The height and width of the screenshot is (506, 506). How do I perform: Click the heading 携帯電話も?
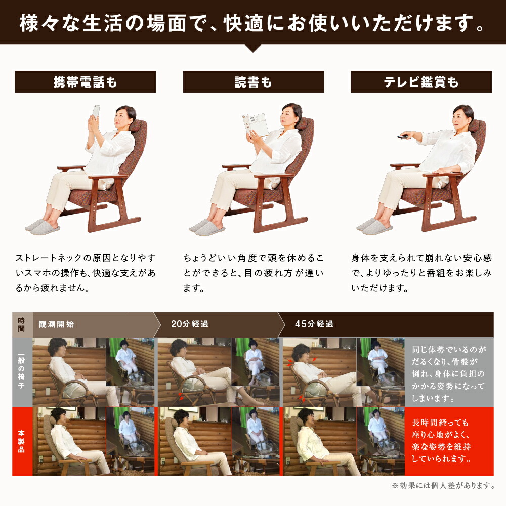(85, 82)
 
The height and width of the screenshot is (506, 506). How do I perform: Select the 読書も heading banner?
(253, 82)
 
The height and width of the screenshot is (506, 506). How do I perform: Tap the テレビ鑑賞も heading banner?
(421, 82)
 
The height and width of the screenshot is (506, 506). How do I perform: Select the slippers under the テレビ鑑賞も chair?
(374, 226)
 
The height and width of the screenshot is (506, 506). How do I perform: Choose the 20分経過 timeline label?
(190, 324)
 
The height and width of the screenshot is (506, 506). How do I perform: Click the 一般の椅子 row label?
(22, 372)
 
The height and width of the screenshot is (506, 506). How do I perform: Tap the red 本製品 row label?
(22, 441)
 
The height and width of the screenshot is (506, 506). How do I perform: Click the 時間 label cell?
(22, 324)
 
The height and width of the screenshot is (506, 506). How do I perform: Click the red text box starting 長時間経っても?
(448, 441)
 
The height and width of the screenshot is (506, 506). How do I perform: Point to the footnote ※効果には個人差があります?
(442, 486)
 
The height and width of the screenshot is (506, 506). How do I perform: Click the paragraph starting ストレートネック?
(85, 274)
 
